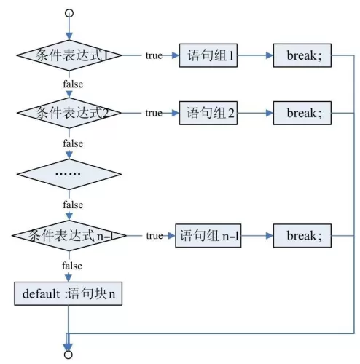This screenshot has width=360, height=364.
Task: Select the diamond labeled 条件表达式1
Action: [69, 55]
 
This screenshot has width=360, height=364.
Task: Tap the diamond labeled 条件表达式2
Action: [69, 113]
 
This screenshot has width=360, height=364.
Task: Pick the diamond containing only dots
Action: [69, 174]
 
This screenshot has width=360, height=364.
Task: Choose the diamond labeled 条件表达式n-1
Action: [69, 236]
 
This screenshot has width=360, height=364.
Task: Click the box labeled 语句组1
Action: [208, 55]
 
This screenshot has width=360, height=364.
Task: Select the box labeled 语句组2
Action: [208, 113]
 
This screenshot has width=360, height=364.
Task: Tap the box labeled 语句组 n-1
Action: [208, 236]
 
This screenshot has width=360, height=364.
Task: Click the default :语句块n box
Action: [69, 293]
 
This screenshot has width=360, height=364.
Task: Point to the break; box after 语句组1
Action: [302, 55]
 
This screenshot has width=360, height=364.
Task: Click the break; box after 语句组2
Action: [302, 113]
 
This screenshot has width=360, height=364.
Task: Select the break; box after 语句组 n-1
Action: [302, 236]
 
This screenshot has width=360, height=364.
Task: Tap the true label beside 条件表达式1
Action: [154, 55]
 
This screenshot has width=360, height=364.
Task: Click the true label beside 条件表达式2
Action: [154, 113]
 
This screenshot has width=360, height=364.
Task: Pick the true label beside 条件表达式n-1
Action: [154, 236]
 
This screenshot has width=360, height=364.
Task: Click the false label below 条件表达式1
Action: [73, 84]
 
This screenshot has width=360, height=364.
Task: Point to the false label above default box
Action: [72, 266]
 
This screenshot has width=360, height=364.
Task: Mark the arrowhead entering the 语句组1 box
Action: [176, 55]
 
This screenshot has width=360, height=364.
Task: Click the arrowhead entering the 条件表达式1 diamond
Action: [69, 36]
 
